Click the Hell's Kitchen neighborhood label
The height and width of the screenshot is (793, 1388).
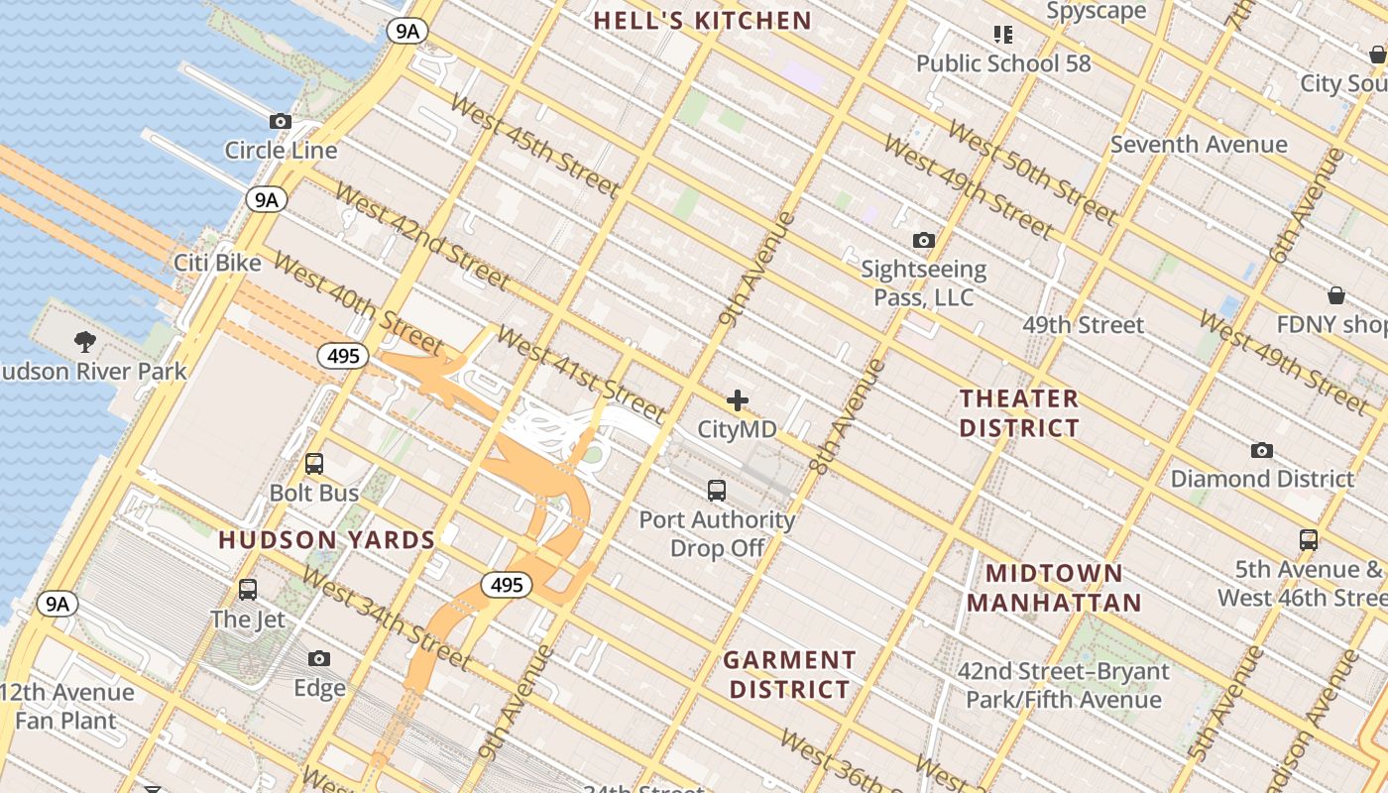[x=702, y=20]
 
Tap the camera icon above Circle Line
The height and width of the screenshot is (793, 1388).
[x=281, y=121]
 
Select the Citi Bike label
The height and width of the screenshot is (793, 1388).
[x=217, y=263]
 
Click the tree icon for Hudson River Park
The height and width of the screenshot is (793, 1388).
[x=85, y=342]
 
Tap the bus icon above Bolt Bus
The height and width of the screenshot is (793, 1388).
[x=314, y=463]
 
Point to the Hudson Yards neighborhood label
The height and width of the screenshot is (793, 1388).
[x=327, y=540]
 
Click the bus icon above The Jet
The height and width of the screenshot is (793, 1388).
[x=248, y=590]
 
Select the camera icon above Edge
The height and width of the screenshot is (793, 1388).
[x=319, y=658]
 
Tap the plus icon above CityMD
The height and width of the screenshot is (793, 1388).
[x=737, y=400]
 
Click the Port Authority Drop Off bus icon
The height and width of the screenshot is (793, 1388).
[x=717, y=490]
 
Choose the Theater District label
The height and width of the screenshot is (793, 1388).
[x=1019, y=413]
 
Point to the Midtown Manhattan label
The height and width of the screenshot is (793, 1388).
[x=1054, y=588]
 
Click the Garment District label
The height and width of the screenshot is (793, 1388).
[x=789, y=674]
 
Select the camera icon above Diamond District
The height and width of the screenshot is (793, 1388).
[x=1261, y=450]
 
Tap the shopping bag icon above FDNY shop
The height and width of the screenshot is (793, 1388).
[x=1336, y=295]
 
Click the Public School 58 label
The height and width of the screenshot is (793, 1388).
[x=1002, y=63]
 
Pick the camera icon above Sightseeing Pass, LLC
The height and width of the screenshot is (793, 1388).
[x=923, y=240]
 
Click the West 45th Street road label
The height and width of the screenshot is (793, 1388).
[x=533, y=144]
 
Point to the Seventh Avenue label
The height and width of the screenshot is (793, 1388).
[x=1198, y=145]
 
